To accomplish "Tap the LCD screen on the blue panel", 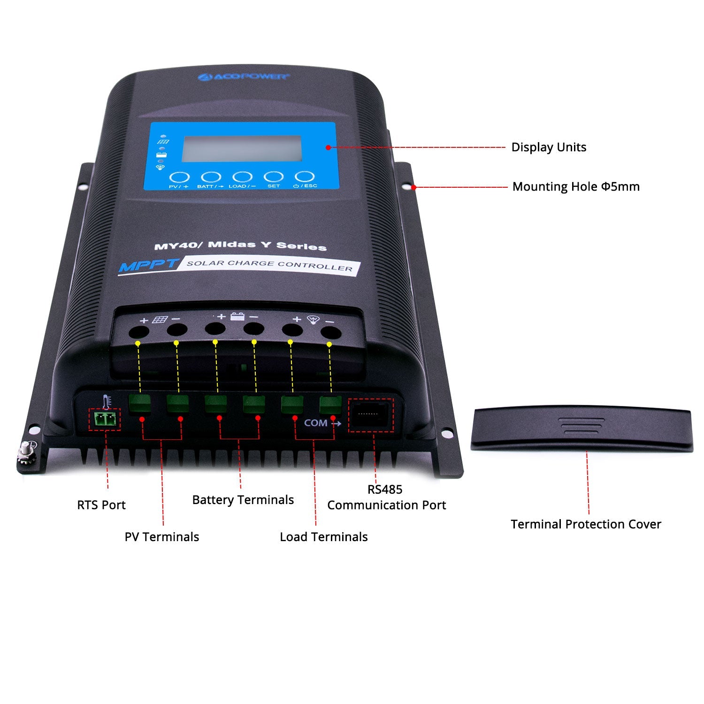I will (x=242, y=149).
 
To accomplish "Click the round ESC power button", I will (x=305, y=177).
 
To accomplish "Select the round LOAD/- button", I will (x=242, y=177).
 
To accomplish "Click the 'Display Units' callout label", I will (x=548, y=147).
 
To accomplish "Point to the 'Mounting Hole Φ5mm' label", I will (x=575, y=187).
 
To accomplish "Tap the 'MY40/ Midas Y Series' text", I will (x=240, y=245).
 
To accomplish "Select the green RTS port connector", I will (x=105, y=419).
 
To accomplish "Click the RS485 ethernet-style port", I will (x=370, y=415).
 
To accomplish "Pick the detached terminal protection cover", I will (x=582, y=428).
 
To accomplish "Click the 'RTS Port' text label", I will (x=101, y=505).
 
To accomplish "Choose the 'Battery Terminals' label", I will (x=243, y=500).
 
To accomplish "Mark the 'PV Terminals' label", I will (x=161, y=537).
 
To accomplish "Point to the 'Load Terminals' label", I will (x=323, y=537).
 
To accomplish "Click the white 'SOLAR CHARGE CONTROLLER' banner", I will (x=269, y=265).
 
